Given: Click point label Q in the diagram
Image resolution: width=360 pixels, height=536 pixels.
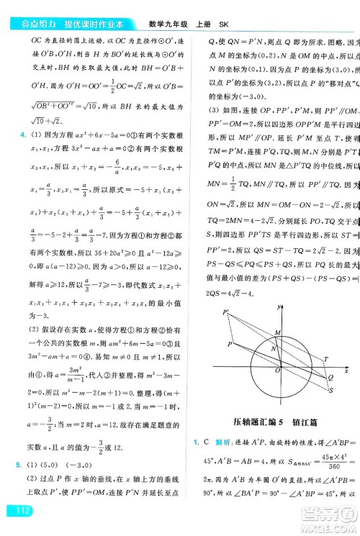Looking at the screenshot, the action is (330, 376).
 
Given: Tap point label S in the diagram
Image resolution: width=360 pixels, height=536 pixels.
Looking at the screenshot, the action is (330, 390).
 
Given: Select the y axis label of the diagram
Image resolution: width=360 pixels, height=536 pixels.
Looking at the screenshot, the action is (278, 307).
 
